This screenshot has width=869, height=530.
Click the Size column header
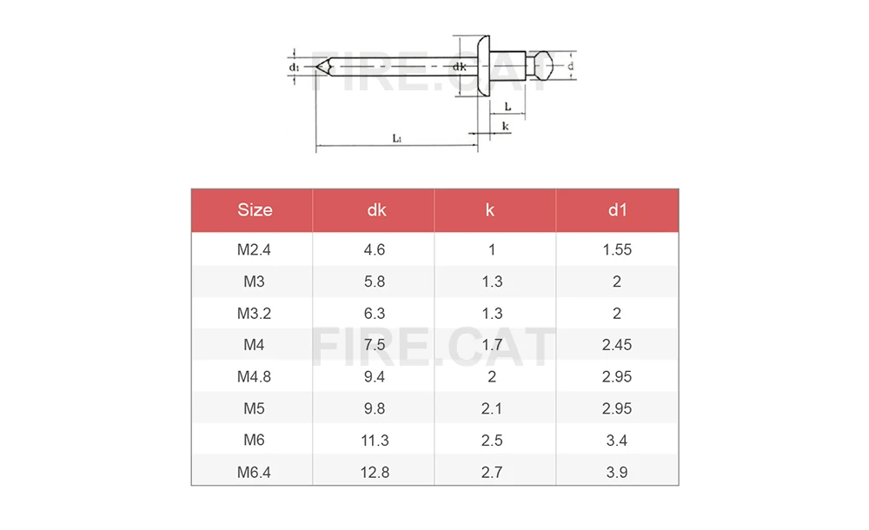255,209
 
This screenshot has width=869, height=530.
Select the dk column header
376,209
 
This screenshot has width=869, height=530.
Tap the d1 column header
617,209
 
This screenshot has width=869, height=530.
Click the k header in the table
490,209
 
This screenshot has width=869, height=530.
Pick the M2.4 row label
254,249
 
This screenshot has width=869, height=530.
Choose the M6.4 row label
254,473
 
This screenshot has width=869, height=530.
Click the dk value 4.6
374,249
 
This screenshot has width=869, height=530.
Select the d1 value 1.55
617,249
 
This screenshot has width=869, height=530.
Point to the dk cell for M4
374,345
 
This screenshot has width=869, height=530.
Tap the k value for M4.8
492,376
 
